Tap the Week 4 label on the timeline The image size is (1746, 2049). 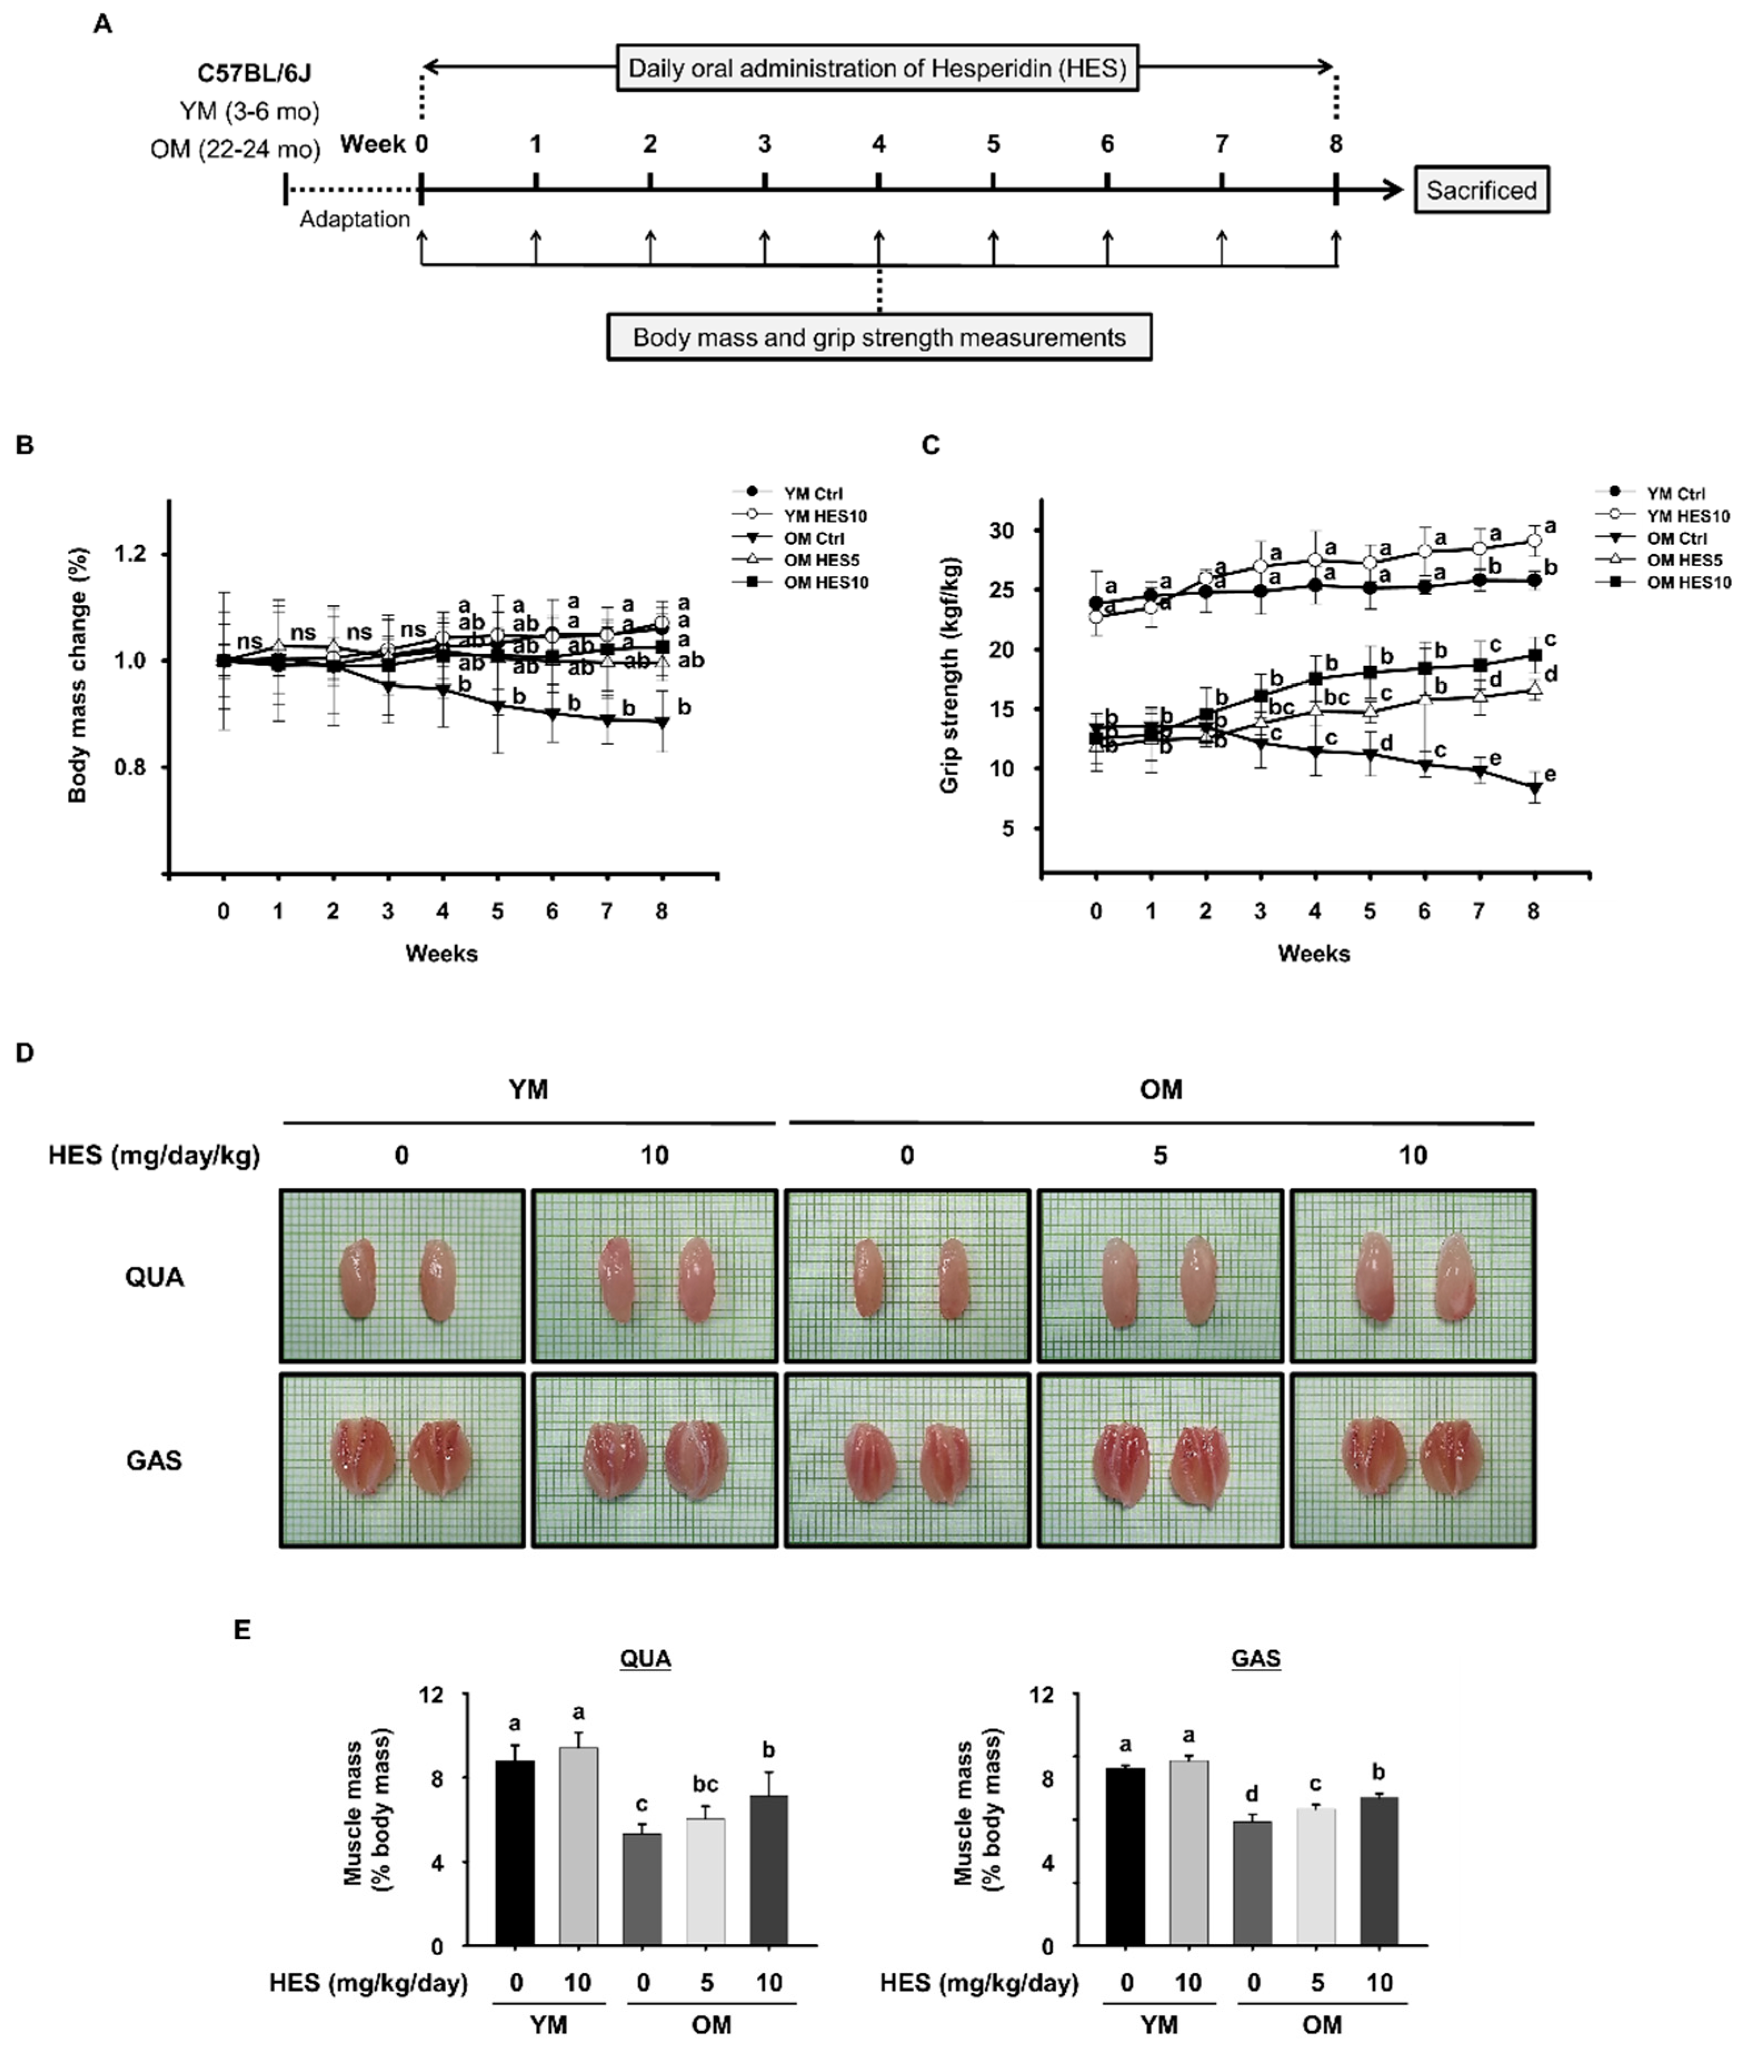879,144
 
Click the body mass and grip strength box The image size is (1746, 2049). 879,337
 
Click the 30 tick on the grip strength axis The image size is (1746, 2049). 1001,531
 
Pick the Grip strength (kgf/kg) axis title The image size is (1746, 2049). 950,674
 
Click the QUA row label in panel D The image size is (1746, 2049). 154,1277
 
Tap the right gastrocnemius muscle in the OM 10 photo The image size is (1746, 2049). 1446,1462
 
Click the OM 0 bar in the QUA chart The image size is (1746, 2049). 642,1889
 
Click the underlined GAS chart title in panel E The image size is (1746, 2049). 1255,1657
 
